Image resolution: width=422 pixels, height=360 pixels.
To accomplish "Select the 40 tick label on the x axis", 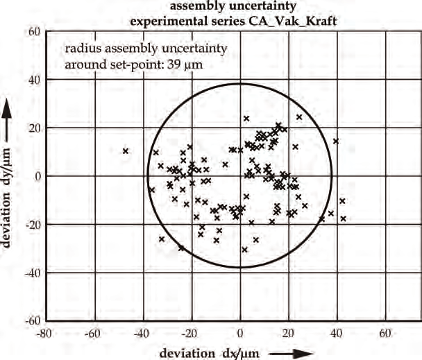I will point(338,332).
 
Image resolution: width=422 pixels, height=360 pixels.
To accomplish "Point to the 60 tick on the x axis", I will point(387,332).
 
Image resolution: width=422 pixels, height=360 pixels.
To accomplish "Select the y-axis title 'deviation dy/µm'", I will point(9,180).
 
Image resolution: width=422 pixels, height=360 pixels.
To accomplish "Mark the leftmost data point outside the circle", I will point(126,151).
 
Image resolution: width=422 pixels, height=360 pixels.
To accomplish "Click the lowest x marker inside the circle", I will point(244,250).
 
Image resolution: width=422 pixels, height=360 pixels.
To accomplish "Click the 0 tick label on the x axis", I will point(240,332).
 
